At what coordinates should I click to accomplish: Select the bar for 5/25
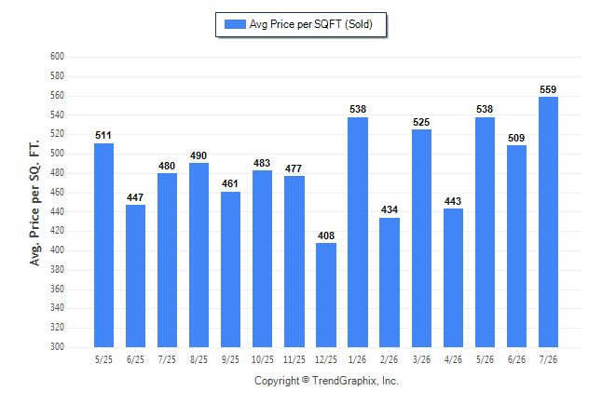[x=103, y=245]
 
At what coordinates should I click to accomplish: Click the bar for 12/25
[x=326, y=295]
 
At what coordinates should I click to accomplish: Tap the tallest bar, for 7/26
[x=548, y=222]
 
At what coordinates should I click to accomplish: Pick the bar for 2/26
[x=390, y=282]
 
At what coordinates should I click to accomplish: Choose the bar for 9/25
[x=230, y=269]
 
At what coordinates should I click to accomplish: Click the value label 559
[x=548, y=89]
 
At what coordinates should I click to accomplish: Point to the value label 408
[x=326, y=236]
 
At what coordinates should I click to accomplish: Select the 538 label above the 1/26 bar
[x=358, y=109]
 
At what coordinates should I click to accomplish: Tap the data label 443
[x=453, y=201]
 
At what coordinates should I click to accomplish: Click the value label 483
[x=262, y=163]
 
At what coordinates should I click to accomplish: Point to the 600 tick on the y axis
[x=57, y=57]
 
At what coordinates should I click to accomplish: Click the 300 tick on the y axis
[x=57, y=347]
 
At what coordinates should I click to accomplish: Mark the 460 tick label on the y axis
[x=57, y=192]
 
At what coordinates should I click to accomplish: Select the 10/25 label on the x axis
[x=263, y=359]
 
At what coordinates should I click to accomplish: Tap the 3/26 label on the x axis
[x=421, y=359]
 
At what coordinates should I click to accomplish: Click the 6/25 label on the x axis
[x=135, y=359]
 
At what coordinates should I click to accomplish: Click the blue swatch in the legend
[x=235, y=24]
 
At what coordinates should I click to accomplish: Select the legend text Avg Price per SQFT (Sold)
[x=311, y=24]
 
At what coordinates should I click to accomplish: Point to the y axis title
[x=34, y=203]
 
